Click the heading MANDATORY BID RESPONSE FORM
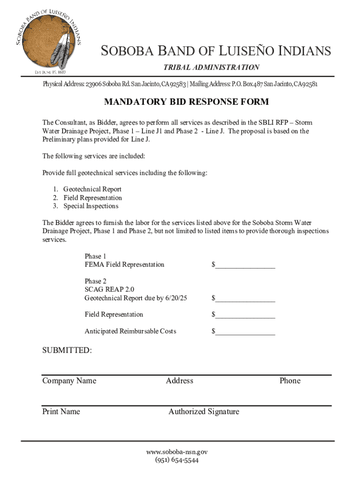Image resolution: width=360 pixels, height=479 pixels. [186, 102]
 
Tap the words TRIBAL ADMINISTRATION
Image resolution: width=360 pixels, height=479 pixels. [211, 67]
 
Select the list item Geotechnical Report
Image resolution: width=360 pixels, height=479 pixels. [92, 189]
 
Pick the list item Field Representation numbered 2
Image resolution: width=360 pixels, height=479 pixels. [93, 198]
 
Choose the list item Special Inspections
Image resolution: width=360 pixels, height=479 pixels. [91, 206]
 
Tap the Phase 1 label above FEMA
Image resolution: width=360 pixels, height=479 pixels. [95, 256]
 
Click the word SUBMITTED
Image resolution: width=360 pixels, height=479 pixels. [67, 350]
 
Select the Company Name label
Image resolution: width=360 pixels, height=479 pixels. [69, 381]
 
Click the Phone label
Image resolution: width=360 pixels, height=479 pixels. [290, 381]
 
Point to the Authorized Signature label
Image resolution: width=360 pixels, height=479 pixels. [204, 412]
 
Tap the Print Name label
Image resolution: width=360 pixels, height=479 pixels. [61, 412]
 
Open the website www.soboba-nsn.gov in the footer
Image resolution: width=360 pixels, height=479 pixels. [177, 452]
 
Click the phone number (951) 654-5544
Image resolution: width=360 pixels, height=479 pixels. [177, 460]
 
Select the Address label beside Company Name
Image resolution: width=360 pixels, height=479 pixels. [180, 381]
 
